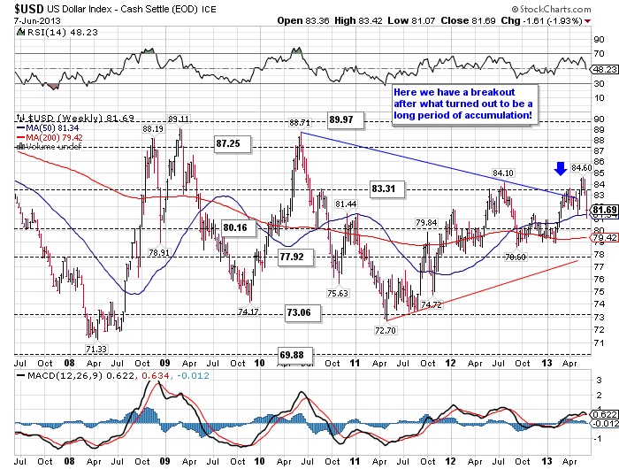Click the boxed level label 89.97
(343, 119)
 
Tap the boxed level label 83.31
(385, 188)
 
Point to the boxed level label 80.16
(234, 227)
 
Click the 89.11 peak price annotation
(179, 119)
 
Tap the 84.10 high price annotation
(503, 173)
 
